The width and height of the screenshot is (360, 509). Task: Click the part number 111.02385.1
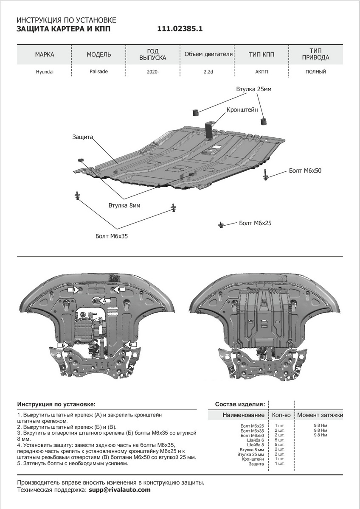pos(180,29)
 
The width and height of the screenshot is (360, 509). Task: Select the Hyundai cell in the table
pos(45,72)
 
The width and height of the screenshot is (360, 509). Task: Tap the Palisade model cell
pos(99,72)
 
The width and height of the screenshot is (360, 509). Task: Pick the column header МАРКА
pos(45,55)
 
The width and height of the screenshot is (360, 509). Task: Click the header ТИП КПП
pos(262,55)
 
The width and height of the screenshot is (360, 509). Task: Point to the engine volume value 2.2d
pos(208,72)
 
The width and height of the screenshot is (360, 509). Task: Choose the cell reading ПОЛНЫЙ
pos(315,72)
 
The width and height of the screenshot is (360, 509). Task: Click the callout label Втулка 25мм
pos(253,89)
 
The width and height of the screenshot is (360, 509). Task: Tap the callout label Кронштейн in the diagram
pos(242,109)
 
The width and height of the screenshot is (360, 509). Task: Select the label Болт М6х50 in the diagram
pos(305,171)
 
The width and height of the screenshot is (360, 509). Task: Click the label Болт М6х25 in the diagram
pos(255,223)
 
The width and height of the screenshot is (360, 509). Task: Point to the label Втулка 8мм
pos(124,205)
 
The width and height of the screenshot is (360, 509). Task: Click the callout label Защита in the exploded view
pos(82,137)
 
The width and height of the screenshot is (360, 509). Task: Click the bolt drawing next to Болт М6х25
pos(221,224)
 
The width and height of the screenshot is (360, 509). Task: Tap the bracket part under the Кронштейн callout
pos(210,129)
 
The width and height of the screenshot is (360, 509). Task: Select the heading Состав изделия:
pos(240,404)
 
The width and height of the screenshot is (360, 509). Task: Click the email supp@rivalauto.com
pos(120,489)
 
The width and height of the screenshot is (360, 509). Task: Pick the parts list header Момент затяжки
pos(320,415)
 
